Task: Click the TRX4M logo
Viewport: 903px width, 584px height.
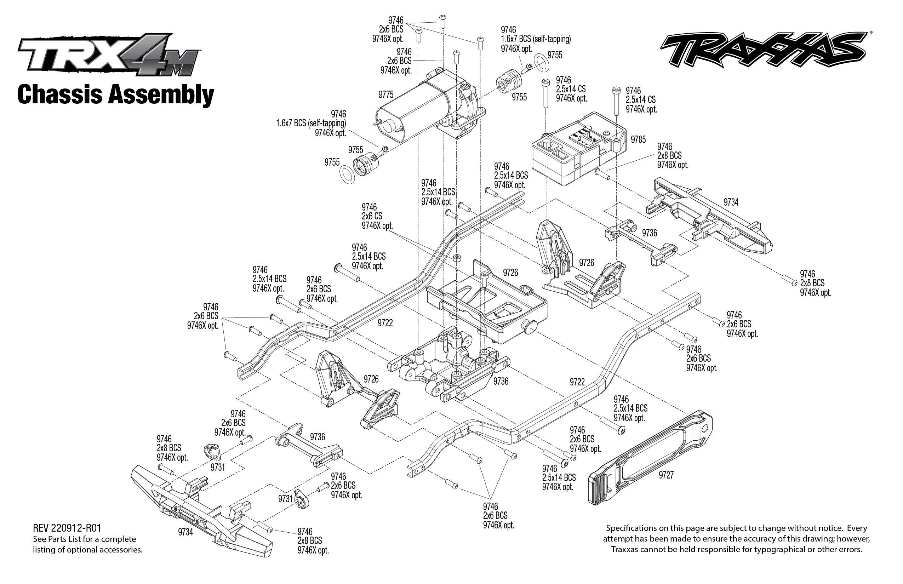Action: tap(108, 55)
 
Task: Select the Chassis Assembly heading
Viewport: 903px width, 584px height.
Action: tap(116, 95)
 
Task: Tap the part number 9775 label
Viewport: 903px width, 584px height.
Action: tap(386, 95)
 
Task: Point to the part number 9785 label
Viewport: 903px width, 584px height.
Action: tap(638, 139)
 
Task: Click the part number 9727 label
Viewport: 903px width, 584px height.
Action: tap(666, 475)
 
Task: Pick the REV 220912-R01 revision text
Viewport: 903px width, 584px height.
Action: tap(67, 528)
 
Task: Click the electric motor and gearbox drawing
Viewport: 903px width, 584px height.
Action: tap(429, 106)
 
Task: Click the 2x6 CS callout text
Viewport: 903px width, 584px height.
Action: tap(372, 216)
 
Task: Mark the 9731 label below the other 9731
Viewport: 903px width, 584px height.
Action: tap(285, 498)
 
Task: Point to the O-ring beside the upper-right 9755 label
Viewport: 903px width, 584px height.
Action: tap(541, 62)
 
